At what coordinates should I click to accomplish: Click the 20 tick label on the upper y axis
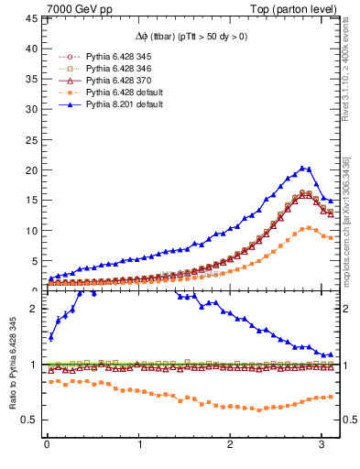(30, 170)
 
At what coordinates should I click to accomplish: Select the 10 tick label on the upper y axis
(30, 231)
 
